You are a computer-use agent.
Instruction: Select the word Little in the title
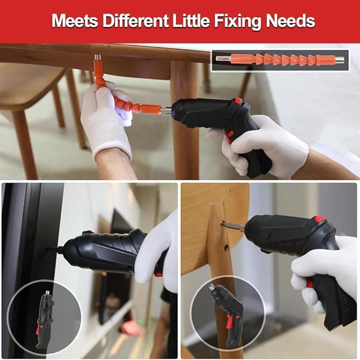pyautogui.click(x=194, y=21)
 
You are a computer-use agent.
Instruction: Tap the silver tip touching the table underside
pyautogui.click(x=97, y=59)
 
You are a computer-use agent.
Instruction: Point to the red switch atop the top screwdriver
pyautogui.click(x=238, y=101)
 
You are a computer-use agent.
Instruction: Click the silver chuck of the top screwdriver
pyautogui.click(x=166, y=110)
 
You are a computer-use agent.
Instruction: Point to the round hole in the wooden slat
pyautogui.click(x=226, y=247)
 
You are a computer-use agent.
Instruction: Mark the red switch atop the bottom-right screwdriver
pyautogui.click(x=320, y=219)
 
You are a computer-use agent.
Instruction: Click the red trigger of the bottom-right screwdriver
pyautogui.click(x=310, y=283)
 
